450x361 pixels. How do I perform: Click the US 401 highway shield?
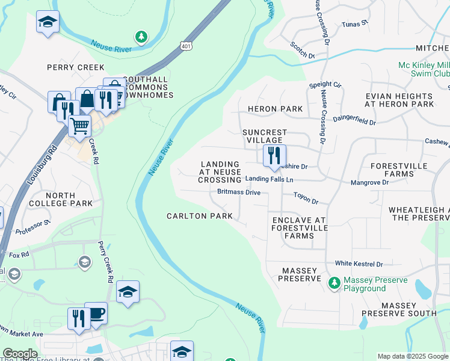click(x=185, y=46)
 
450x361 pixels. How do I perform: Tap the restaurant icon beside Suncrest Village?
click(x=274, y=156)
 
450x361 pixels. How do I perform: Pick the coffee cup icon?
click(x=96, y=313)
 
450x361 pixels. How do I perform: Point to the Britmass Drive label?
click(x=239, y=193)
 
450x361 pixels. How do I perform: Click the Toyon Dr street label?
click(x=306, y=196)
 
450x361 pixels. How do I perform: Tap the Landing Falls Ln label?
click(x=269, y=179)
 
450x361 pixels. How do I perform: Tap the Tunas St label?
click(x=354, y=24)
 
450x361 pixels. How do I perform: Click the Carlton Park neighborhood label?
click(x=199, y=216)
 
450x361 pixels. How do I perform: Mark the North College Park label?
click(x=60, y=200)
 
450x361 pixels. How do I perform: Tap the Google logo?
click(x=20, y=353)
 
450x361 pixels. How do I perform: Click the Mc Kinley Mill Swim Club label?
click(x=424, y=70)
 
